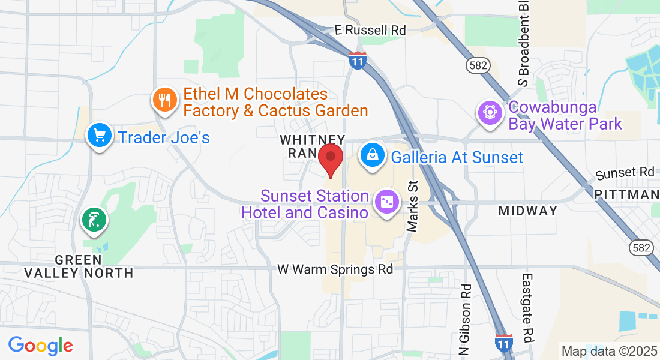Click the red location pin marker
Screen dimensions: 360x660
(330, 159)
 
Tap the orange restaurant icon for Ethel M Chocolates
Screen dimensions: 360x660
(164, 100)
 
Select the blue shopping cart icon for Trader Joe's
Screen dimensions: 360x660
(97, 136)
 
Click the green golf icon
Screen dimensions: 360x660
(94, 220)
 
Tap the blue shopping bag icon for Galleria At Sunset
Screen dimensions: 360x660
(373, 155)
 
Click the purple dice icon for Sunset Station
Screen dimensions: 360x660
(385, 202)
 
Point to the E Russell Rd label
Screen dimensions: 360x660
(370, 30)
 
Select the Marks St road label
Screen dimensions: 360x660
(412, 206)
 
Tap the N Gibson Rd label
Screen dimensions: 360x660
(466, 318)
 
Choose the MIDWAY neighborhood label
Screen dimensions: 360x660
(528, 211)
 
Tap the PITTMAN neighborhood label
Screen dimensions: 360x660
(627, 194)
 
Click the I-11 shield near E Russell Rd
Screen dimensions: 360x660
(358, 61)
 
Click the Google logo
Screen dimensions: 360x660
(40, 346)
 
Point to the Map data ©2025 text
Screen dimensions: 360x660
(608, 350)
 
